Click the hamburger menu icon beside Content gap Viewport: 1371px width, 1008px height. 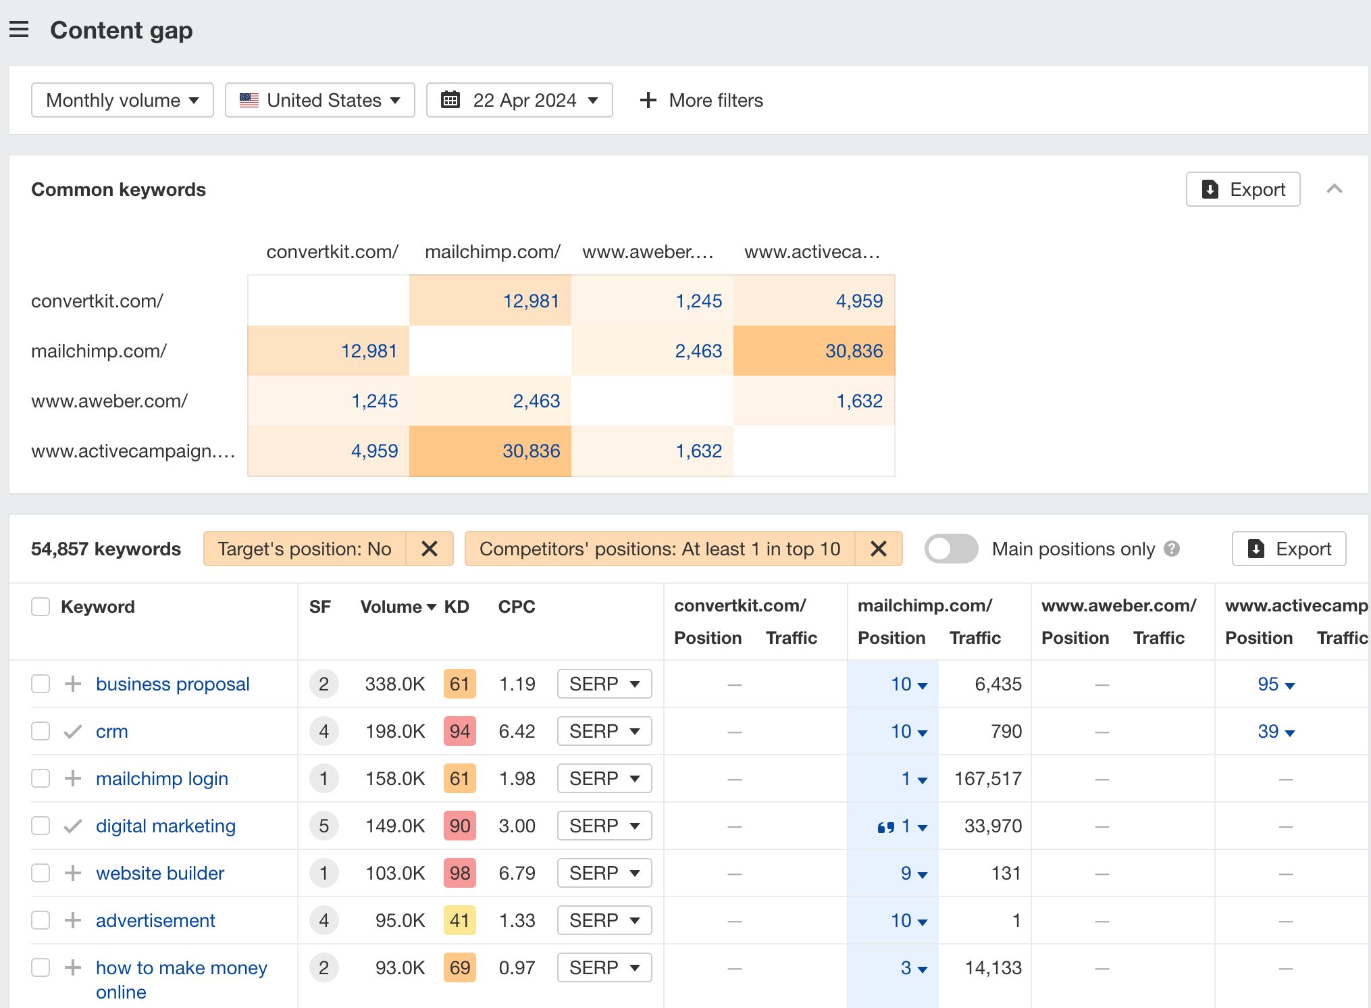(19, 30)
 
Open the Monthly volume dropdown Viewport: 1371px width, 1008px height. (122, 101)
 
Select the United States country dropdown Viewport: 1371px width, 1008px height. (319, 101)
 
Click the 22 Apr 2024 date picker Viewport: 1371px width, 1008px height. (519, 101)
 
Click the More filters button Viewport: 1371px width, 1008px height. (701, 101)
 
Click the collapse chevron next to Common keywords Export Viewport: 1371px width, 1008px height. (1334, 189)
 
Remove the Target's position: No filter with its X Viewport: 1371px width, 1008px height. (430, 549)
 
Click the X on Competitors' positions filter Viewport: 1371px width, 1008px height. (878, 549)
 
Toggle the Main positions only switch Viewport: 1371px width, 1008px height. (951, 549)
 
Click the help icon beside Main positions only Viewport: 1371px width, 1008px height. (1172, 549)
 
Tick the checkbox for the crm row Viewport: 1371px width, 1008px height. (41, 732)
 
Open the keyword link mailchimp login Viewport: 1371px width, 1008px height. (162, 779)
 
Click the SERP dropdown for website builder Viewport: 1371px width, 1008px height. (604, 874)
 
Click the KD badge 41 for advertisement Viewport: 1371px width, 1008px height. (459, 921)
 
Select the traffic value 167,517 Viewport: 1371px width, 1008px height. (987, 779)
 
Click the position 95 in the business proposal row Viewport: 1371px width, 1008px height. (1268, 684)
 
